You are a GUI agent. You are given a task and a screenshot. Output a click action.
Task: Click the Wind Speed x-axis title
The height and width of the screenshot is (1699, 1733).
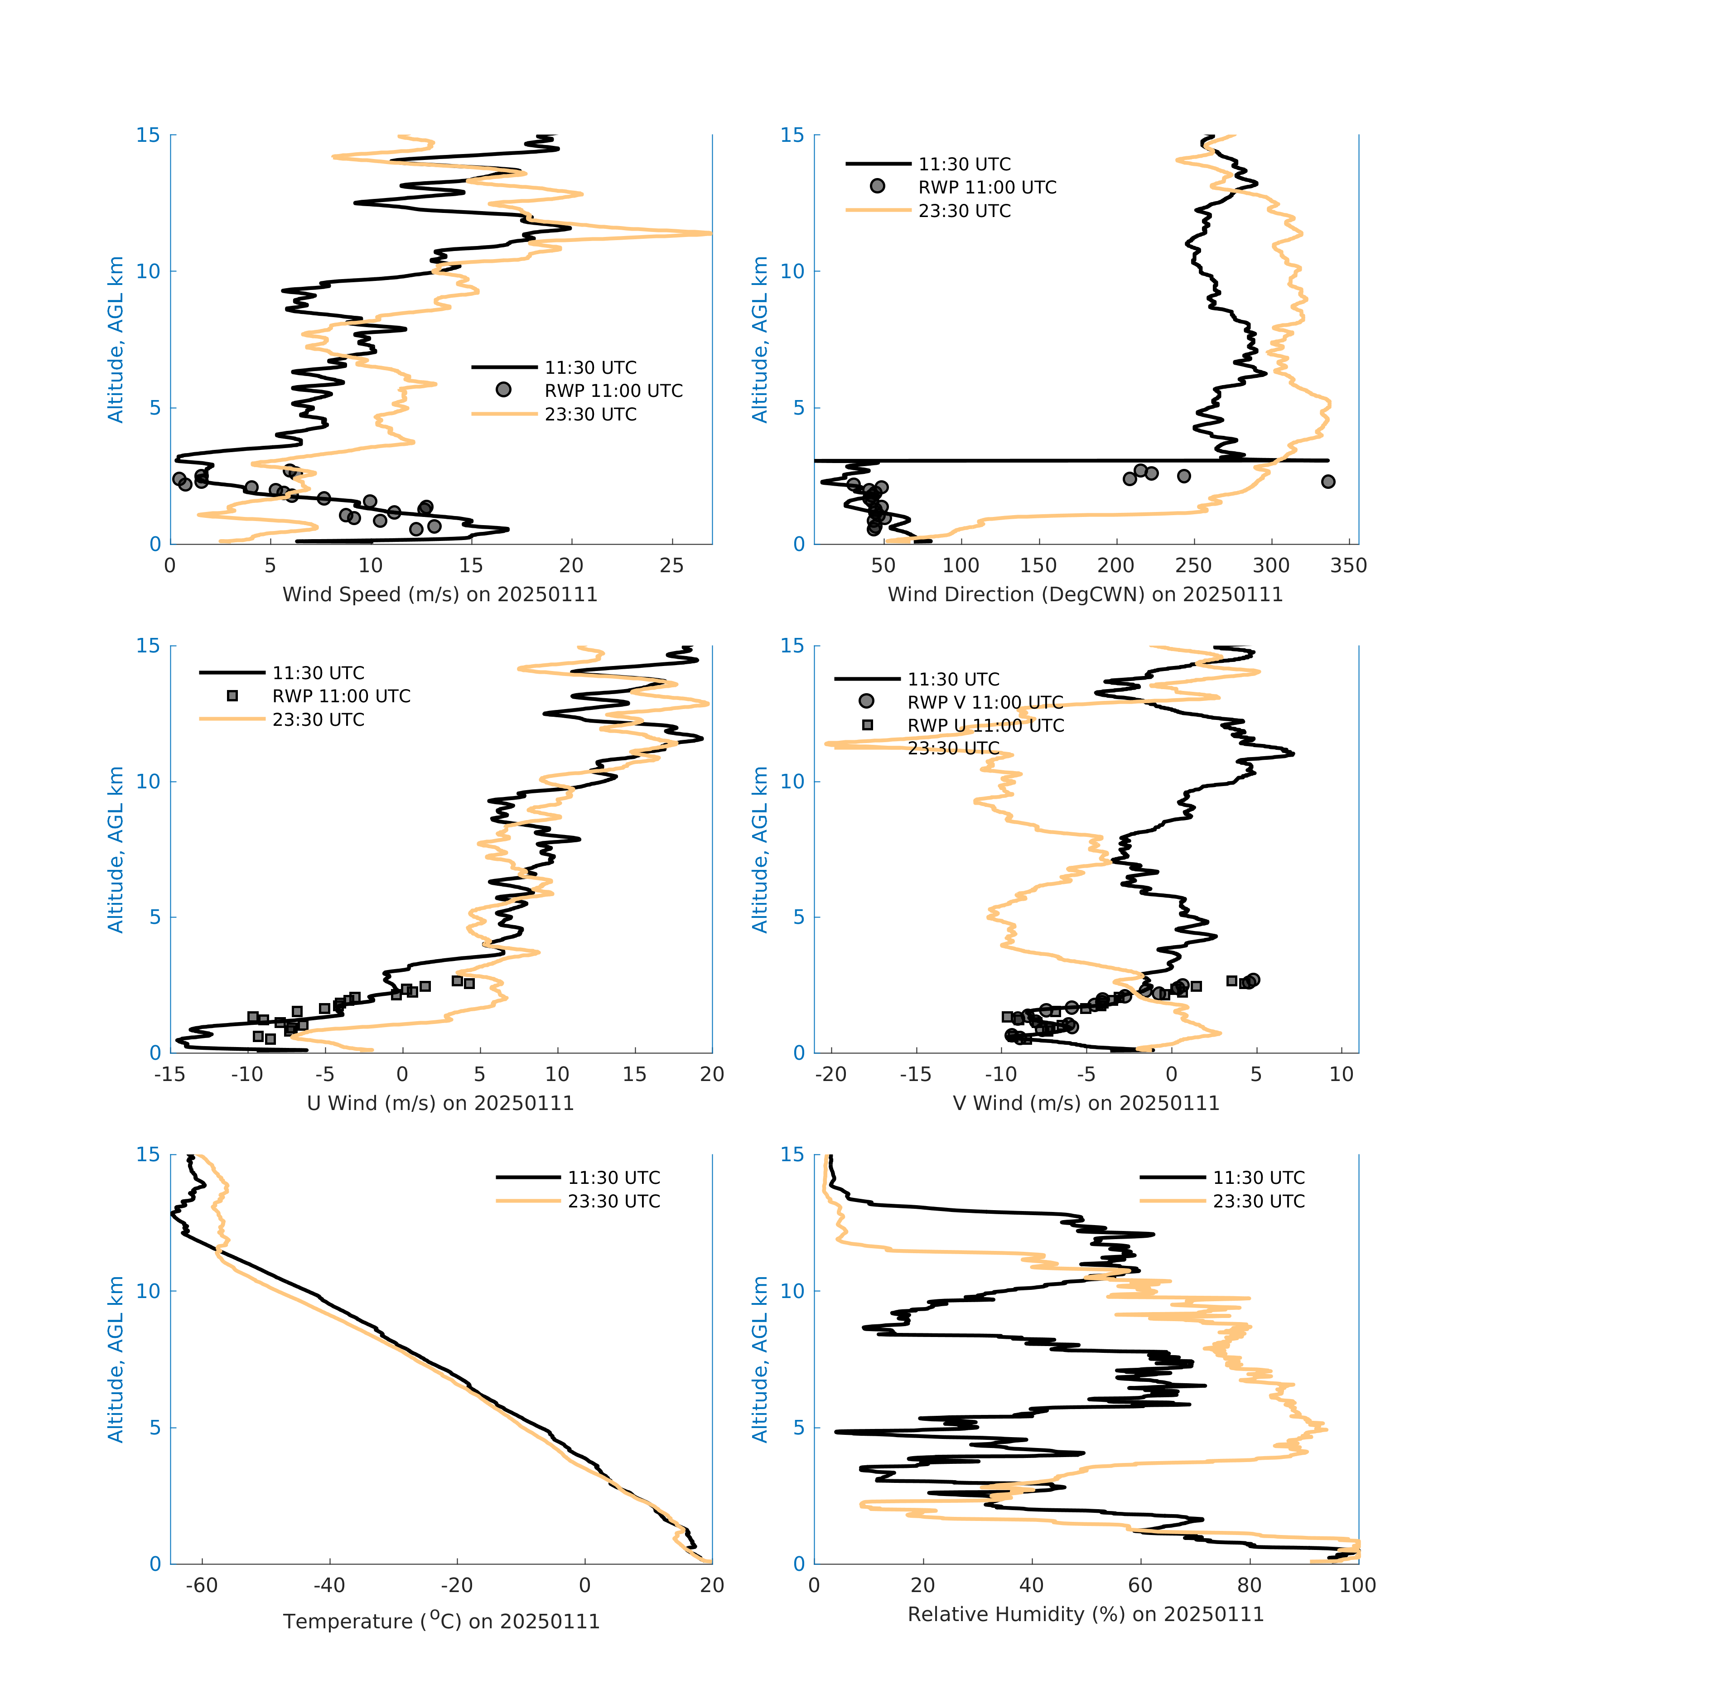(440, 594)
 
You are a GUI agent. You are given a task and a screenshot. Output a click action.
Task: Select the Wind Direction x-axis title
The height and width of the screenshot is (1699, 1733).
(1085, 594)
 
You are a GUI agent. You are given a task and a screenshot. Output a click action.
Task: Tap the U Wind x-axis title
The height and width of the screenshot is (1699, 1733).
(440, 1103)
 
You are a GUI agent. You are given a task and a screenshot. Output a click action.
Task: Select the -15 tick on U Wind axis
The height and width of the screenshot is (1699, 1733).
(170, 1074)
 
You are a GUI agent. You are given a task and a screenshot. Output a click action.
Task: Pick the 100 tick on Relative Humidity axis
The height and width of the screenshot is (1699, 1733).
(1357, 1585)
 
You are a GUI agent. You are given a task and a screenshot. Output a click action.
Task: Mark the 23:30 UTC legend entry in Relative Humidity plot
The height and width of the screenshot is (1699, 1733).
(1258, 1201)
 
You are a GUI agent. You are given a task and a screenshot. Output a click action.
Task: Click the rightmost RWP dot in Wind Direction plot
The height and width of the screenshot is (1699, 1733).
(1328, 482)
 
